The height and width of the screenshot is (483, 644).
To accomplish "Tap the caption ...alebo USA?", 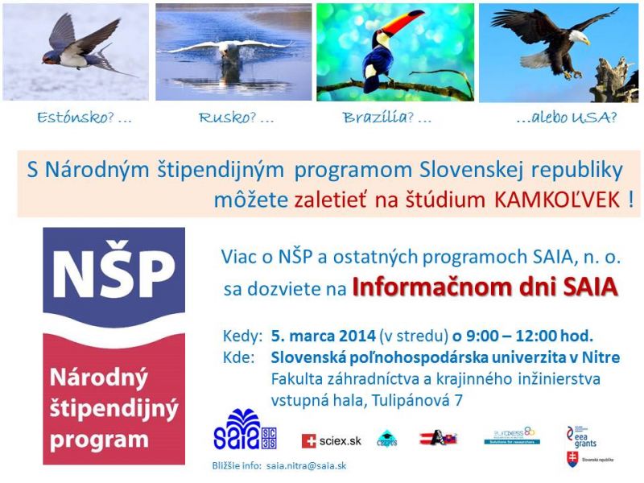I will pyautogui.click(x=567, y=118).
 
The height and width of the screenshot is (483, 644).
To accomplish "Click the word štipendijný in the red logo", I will pyautogui.click(x=113, y=410).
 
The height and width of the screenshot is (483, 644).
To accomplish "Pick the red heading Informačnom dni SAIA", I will pyautogui.click(x=485, y=287).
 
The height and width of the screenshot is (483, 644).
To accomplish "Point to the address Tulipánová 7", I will pyautogui.click(x=419, y=398).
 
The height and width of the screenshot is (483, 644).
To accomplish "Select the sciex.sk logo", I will pyautogui.click(x=332, y=440).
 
